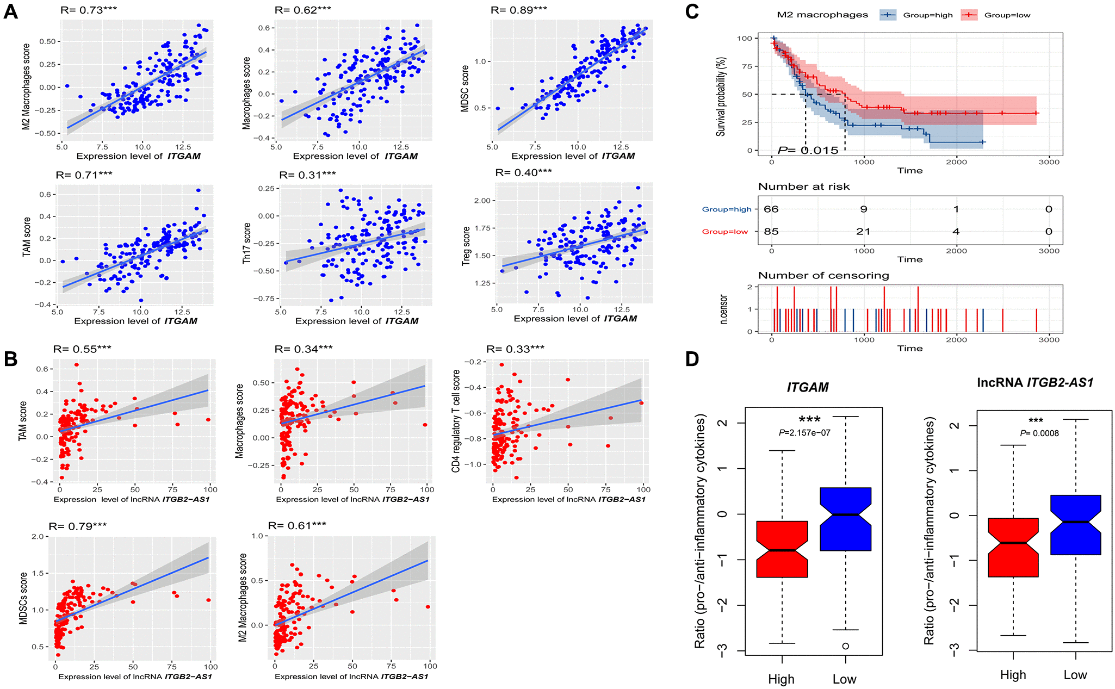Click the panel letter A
pyautogui.click(x=11, y=11)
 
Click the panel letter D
pyautogui.click(x=692, y=359)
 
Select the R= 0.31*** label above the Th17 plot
pyautogui.click(x=307, y=175)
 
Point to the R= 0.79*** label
pyautogui.click(x=78, y=526)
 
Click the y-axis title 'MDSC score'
pyautogui.click(x=465, y=89)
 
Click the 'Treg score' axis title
pyautogui.click(x=466, y=246)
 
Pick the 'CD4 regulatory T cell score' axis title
pyautogui.click(x=456, y=421)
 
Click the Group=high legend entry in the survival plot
pyautogui.click(x=916, y=15)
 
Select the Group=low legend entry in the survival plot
pyautogui.click(x=996, y=15)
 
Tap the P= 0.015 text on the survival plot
pyautogui.click(x=808, y=150)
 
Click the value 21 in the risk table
pyautogui.click(x=863, y=232)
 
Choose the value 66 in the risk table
pyautogui.click(x=771, y=209)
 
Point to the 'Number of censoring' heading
pyautogui.click(x=823, y=276)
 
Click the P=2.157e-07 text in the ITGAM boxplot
pyautogui.click(x=804, y=433)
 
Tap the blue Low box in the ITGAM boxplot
pyautogui.click(x=845, y=519)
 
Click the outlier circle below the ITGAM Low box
pyautogui.click(x=846, y=646)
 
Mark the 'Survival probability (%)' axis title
pyautogui.click(x=721, y=96)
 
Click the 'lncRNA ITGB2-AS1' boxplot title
pyautogui.click(x=1035, y=383)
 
